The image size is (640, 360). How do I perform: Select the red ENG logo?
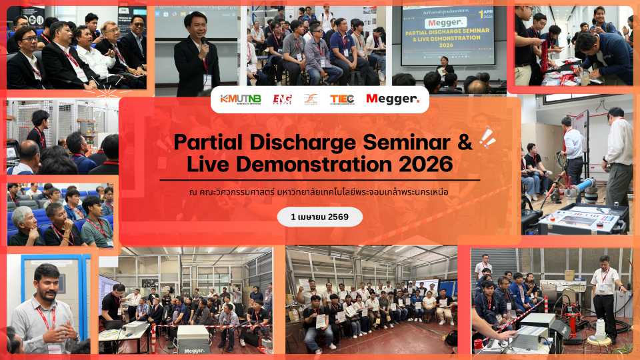282,99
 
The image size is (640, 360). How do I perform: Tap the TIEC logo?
341,99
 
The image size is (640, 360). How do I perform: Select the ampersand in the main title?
464,141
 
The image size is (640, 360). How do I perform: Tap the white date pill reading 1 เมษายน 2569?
320,217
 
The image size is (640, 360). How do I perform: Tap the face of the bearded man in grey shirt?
47,283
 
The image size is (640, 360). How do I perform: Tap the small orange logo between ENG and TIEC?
311,99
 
